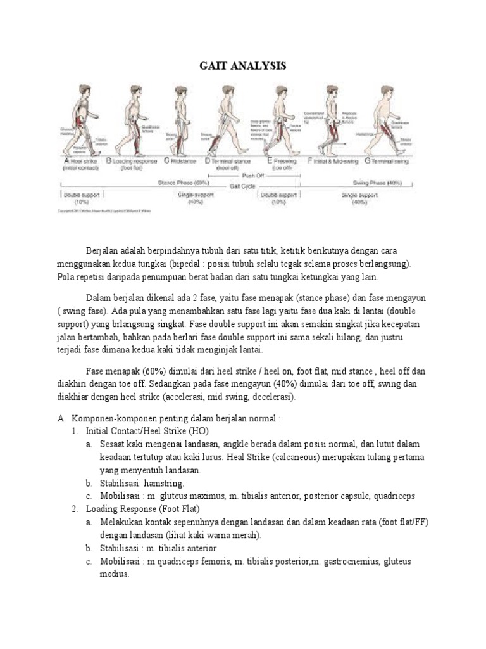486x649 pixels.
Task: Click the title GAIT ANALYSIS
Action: [243, 66]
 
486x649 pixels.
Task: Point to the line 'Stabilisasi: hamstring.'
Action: [142, 484]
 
